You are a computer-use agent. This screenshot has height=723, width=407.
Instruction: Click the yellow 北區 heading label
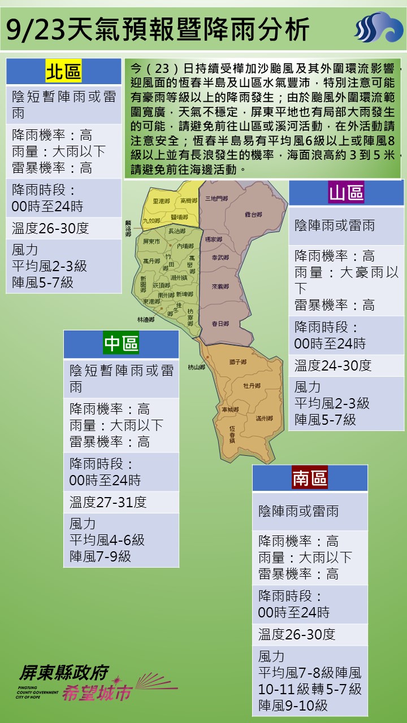tap(63, 72)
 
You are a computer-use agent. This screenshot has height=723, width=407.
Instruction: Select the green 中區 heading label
tap(121, 344)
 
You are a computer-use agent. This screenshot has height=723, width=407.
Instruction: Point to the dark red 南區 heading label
tap(310, 478)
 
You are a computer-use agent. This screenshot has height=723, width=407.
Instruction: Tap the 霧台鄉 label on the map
tap(253, 215)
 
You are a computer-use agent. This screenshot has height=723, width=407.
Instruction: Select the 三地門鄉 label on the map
tap(217, 198)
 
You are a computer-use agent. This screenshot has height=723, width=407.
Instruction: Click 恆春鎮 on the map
tap(232, 433)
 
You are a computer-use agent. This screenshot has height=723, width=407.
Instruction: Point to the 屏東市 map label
tap(152, 241)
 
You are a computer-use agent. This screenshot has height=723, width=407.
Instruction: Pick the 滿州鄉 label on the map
tap(264, 419)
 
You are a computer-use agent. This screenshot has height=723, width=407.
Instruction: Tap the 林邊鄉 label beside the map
tap(145, 320)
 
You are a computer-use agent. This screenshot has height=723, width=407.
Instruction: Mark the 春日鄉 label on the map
tap(220, 324)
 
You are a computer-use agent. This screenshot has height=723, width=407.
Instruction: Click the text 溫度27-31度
tap(108, 502)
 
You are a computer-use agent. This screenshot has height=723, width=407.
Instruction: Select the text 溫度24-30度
tap(333, 365)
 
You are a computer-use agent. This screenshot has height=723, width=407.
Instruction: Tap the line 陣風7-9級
tap(100, 556)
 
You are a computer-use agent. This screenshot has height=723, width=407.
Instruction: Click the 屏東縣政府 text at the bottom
tap(63, 672)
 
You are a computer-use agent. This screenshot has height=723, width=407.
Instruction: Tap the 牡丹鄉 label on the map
tap(252, 386)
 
